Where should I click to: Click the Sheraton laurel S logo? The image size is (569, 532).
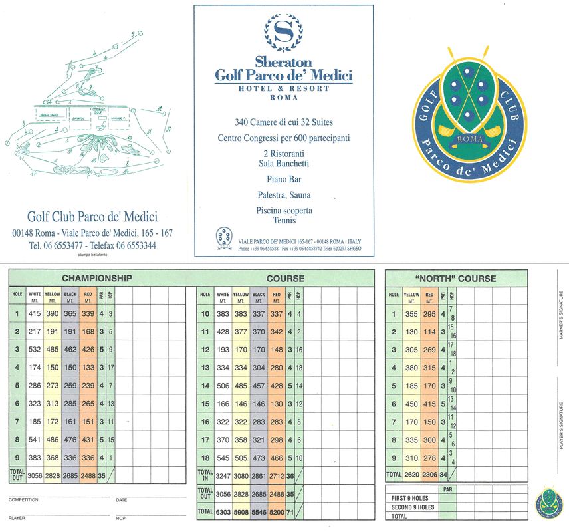pyautogui.click(x=283, y=31)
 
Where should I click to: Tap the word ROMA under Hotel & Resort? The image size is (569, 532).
pyautogui.click(x=283, y=98)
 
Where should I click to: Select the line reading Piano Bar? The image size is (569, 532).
pyautogui.click(x=283, y=179)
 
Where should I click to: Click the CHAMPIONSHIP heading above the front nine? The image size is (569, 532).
pyautogui.click(x=97, y=278)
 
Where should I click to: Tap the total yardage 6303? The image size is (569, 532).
pyautogui.click(x=223, y=511)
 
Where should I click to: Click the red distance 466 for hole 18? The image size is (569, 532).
pyautogui.click(x=277, y=458)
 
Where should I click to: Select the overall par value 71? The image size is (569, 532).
pyautogui.click(x=291, y=511)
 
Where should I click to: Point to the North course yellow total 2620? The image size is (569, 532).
pyautogui.click(x=411, y=475)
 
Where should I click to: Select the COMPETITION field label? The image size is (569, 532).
pyautogui.click(x=23, y=499)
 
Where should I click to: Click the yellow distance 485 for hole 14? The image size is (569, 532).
pyautogui.click(x=241, y=386)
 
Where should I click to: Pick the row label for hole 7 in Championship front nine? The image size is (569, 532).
pyautogui.click(x=17, y=422)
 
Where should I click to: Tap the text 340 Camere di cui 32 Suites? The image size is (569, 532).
pyautogui.click(x=283, y=122)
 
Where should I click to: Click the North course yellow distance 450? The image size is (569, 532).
pyautogui.click(x=411, y=404)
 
